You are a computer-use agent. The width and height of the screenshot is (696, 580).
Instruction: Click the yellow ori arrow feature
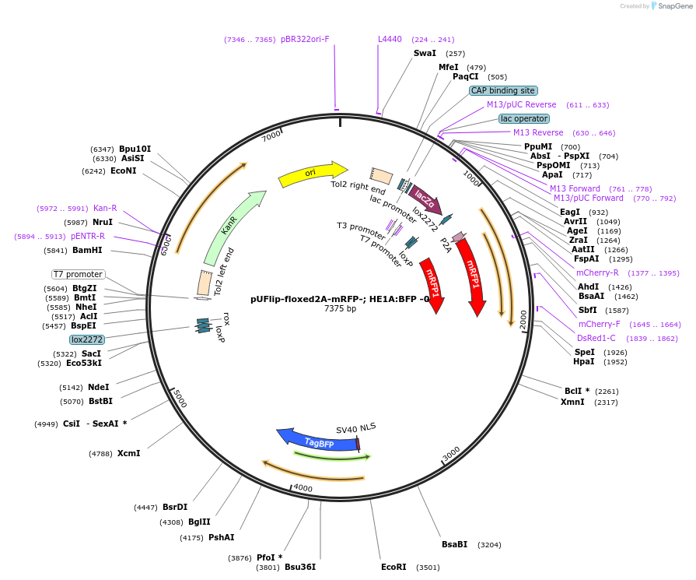[311, 174]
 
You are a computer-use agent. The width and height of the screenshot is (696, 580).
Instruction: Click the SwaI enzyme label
[425, 53]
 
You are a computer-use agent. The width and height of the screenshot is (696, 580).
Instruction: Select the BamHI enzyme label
[87, 251]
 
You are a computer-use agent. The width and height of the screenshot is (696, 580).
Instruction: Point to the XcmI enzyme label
[128, 453]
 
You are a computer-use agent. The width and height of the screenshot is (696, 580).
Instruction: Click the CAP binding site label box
[503, 90]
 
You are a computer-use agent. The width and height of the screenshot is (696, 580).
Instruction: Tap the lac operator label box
[524, 118]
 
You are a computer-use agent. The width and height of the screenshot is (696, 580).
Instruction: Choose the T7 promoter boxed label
[78, 274]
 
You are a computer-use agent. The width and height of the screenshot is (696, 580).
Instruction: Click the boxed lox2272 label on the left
[87, 339]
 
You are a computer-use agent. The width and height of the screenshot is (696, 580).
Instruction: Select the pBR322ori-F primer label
[305, 39]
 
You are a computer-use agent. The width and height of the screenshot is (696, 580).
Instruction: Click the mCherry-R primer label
[597, 272]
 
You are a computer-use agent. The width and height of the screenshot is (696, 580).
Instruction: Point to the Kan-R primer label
[105, 208]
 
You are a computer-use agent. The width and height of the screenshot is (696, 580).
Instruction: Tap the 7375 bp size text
[340, 309]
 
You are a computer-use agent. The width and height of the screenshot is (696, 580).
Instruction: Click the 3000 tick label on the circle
[451, 453]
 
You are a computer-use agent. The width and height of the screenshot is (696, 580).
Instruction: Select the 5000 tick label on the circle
[180, 399]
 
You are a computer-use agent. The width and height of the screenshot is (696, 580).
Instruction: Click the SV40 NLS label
[355, 428]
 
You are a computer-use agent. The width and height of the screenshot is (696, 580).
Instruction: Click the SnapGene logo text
[673, 6]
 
